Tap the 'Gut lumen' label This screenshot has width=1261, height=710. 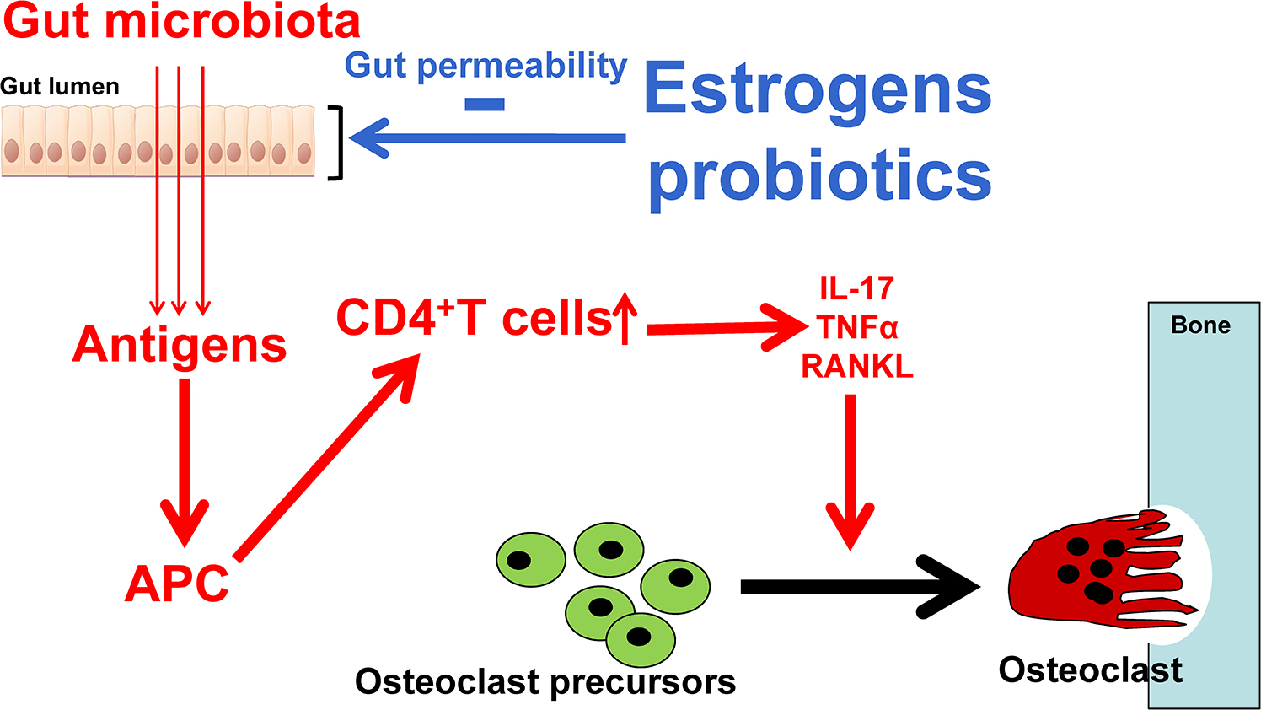[x=60, y=86]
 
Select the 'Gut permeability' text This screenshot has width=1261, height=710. [x=486, y=65]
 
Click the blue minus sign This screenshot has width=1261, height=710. [x=485, y=105]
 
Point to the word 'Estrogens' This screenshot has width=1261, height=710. [x=817, y=89]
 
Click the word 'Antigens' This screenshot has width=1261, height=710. [x=180, y=345]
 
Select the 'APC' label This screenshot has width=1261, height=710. [x=177, y=584]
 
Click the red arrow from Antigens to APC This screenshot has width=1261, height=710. [x=185, y=460]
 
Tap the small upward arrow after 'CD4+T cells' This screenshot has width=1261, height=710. [x=625, y=318]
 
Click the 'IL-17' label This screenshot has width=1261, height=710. [x=856, y=289]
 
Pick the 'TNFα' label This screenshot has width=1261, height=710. [x=856, y=327]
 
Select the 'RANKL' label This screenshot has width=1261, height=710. [x=856, y=366]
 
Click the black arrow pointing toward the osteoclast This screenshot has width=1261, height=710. [x=860, y=587]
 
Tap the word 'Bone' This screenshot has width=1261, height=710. [x=1200, y=325]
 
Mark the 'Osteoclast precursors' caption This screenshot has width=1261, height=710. [x=545, y=681]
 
